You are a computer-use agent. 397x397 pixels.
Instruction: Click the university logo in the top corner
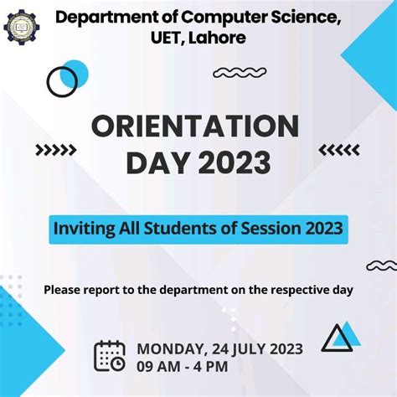click(x=21, y=27)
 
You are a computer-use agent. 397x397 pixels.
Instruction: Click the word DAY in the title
click(x=153, y=162)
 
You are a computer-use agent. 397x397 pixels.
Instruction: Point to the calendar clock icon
click(x=110, y=355)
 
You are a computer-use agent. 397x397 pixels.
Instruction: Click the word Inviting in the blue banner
click(x=80, y=227)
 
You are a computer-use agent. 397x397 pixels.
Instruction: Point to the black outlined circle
click(x=61, y=81)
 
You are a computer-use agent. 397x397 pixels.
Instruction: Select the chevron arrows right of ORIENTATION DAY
click(x=340, y=150)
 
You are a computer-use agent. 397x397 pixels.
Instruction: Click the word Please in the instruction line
click(x=64, y=290)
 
